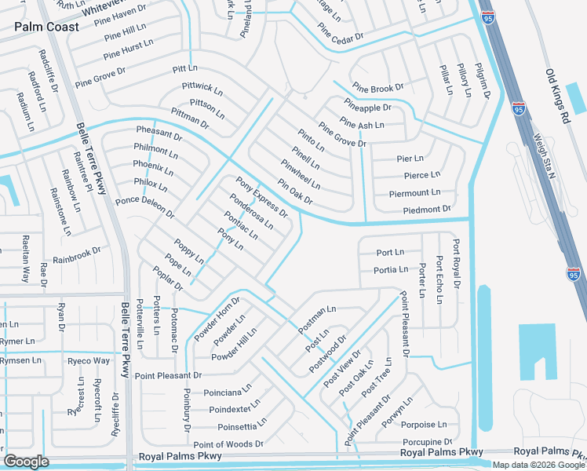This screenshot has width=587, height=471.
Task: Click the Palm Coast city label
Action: point(46,27)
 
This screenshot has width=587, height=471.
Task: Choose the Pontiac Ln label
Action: point(240,225)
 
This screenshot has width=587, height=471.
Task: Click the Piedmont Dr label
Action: point(426,210)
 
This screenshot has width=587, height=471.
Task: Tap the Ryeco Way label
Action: point(89,361)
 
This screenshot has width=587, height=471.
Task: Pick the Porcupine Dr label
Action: point(427,442)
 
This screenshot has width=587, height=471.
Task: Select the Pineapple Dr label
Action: point(367,105)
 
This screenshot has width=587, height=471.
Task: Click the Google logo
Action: point(26,461)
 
